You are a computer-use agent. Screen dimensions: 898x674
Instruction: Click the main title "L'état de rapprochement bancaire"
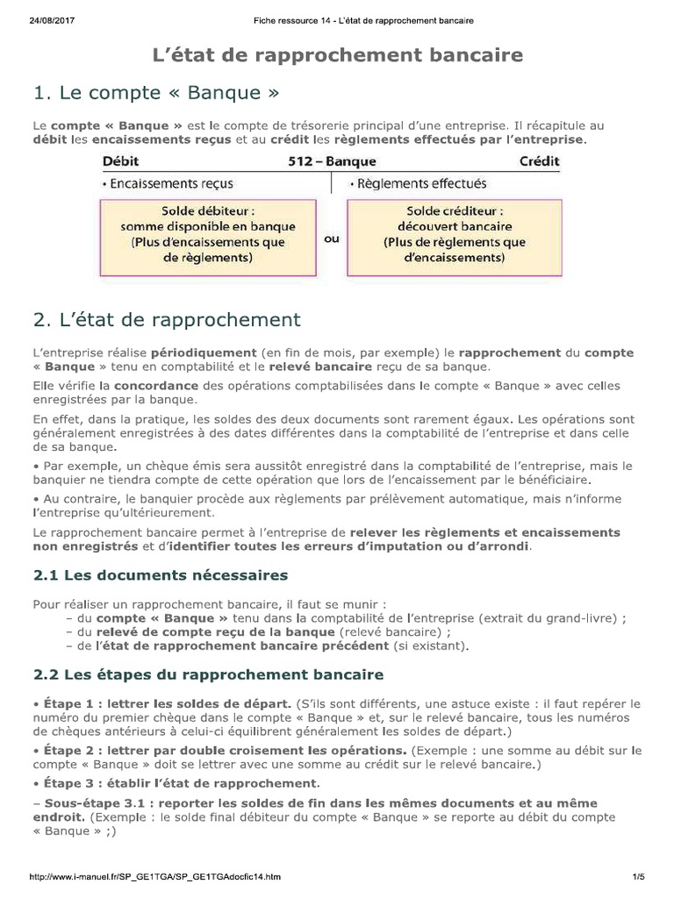(x=338, y=56)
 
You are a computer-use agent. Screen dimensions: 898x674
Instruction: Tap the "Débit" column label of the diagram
(x=120, y=161)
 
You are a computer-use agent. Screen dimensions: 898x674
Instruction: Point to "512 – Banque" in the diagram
(x=332, y=161)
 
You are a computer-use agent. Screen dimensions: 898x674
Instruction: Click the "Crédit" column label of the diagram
(x=539, y=161)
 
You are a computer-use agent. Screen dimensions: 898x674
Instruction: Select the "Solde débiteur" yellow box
(x=208, y=234)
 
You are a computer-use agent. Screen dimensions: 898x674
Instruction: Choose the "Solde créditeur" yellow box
(x=455, y=234)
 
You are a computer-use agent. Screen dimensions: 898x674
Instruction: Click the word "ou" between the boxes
(x=332, y=238)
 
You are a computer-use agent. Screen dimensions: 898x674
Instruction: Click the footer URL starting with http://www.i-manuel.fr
(x=155, y=876)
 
